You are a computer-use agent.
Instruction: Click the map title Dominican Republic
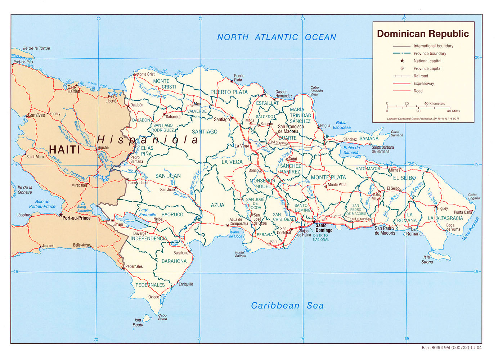[x=423, y=34]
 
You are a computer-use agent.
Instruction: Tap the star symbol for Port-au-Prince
[x=60, y=215]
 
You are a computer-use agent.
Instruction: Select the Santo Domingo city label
[x=323, y=228]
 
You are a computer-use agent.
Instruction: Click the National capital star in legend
[x=402, y=61]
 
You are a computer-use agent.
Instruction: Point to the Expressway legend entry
[x=423, y=84]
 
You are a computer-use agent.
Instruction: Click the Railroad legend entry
[x=421, y=76]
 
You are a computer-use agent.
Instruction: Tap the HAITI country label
[x=64, y=149]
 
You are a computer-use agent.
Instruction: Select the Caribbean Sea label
[x=287, y=306]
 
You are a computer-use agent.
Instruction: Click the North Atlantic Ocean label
[x=277, y=37]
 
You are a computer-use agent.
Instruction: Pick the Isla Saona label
[x=427, y=260]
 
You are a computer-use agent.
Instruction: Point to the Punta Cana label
[x=463, y=212]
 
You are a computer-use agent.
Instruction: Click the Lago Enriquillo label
[x=147, y=212]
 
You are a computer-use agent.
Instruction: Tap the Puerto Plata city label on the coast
[x=239, y=78]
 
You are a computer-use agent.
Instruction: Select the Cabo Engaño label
[x=474, y=196]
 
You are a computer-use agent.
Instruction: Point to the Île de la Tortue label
[x=36, y=48]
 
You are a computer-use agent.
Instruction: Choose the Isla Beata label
[x=138, y=322]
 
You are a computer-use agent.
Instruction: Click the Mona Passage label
[x=471, y=229]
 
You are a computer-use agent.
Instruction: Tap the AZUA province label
[x=217, y=205]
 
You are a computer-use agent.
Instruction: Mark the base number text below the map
[x=451, y=348]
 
